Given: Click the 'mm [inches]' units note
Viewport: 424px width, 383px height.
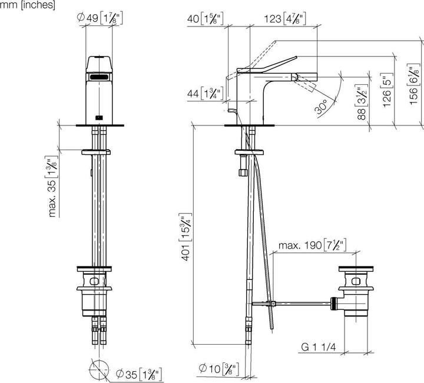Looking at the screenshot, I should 28,5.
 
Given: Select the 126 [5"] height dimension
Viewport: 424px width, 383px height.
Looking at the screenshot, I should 386,88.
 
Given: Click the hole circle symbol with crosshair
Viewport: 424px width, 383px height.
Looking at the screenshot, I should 98,371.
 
